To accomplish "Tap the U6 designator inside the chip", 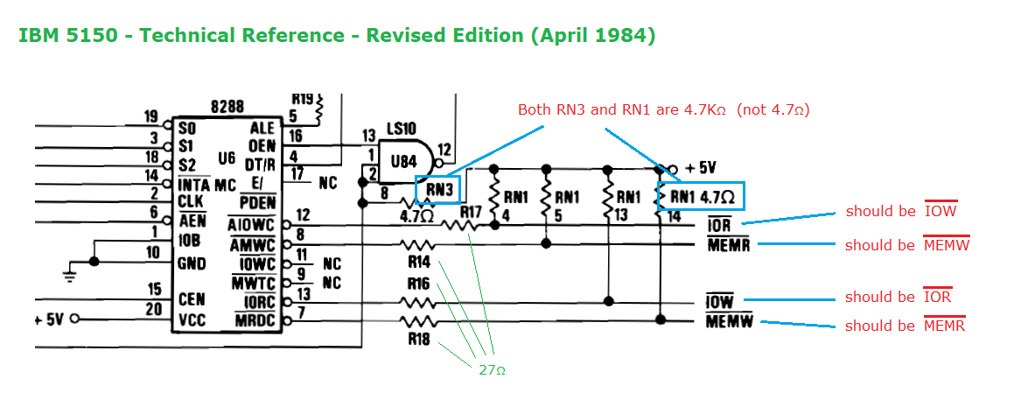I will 227,158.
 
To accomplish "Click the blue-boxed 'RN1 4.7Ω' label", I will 701,195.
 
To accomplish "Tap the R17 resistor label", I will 471,211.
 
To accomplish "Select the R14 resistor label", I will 419,262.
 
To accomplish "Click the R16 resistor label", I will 419,284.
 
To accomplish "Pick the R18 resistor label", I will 419,340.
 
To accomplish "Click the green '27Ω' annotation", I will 492,370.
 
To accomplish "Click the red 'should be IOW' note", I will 900,211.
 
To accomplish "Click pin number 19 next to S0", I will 150,116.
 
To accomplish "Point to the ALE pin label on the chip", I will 262,129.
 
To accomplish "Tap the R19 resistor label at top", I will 303,99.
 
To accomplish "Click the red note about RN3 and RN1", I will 663,109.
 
